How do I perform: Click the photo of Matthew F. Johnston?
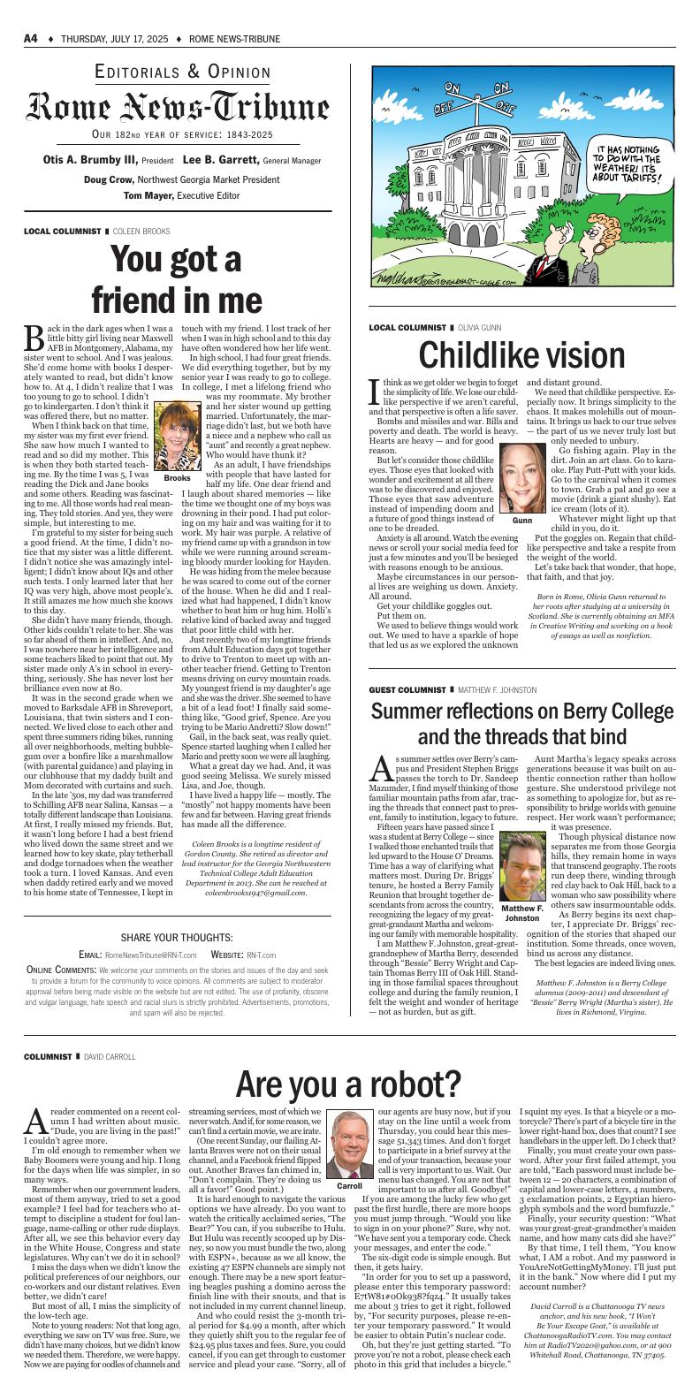click(521, 871)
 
